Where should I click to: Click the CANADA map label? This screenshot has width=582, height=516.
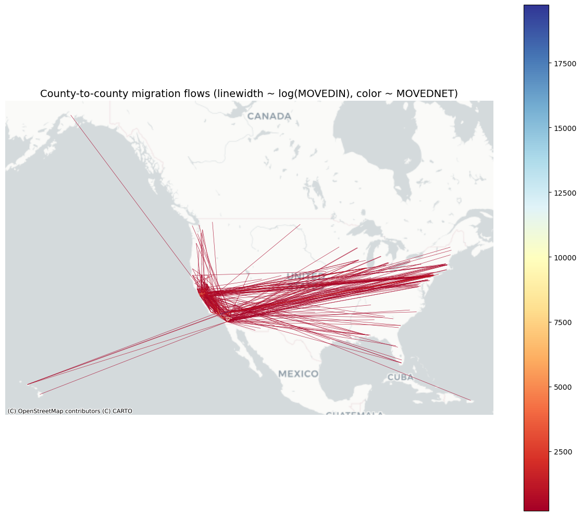pyautogui.click(x=269, y=116)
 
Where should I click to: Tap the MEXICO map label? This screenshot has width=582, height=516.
pyautogui.click(x=298, y=374)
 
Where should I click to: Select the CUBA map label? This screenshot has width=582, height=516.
pyautogui.click(x=400, y=377)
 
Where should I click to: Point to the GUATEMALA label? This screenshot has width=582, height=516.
pyautogui.click(x=354, y=415)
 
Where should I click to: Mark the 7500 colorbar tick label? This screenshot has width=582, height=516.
pyautogui.click(x=563, y=322)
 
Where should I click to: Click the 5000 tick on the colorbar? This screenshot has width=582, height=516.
pyautogui.click(x=563, y=387)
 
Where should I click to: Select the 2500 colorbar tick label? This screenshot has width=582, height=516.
pyautogui.click(x=563, y=452)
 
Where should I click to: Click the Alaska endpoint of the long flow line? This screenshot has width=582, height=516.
pyautogui.click(x=71, y=115)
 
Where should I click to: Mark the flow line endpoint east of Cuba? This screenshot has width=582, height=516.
pyautogui.click(x=470, y=400)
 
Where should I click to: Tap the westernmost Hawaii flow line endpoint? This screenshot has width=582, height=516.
pyautogui.click(x=28, y=385)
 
